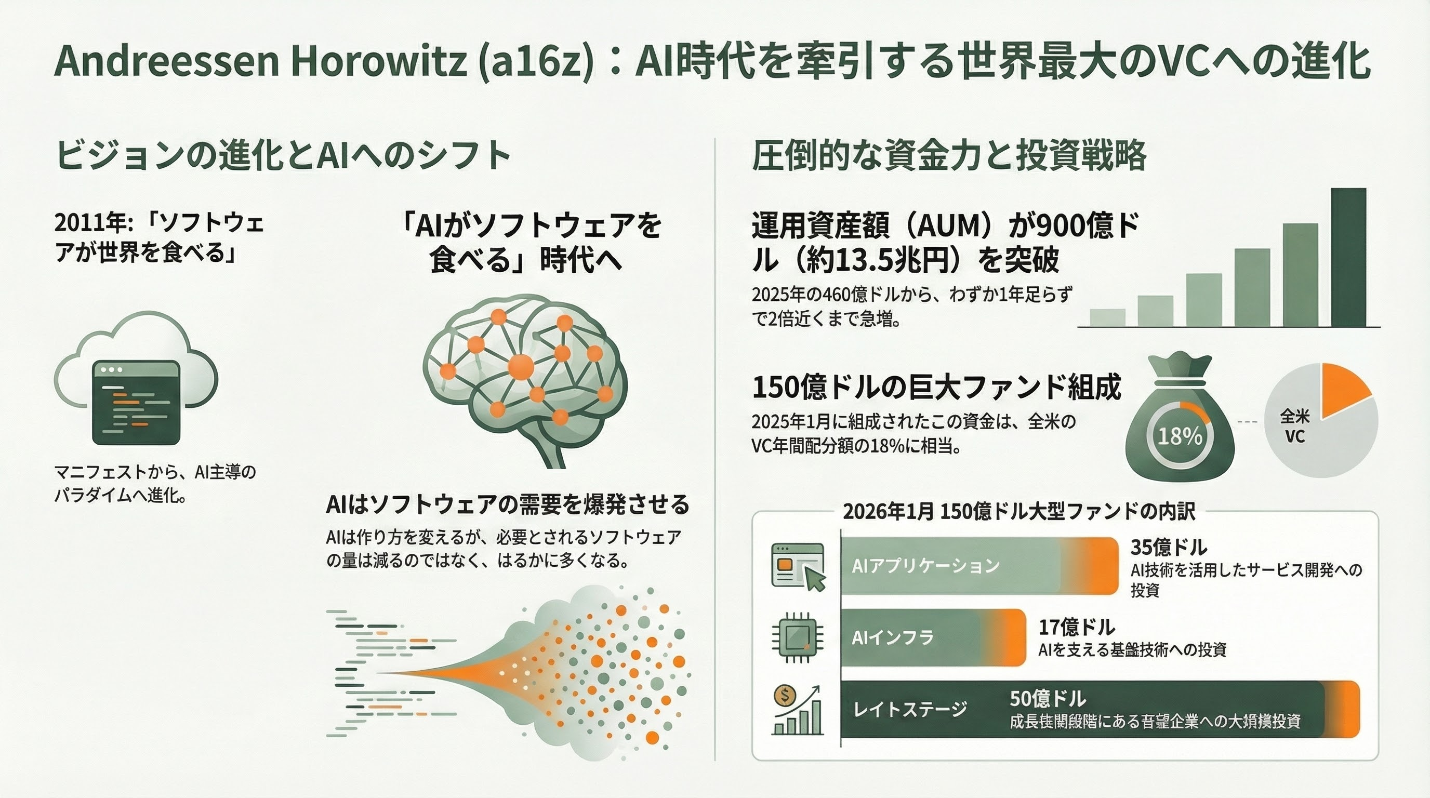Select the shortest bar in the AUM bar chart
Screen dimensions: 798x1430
1107,317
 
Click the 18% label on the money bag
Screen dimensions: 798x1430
1180,436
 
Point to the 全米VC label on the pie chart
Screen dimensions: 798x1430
1294,426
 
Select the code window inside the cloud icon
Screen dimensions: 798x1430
136,402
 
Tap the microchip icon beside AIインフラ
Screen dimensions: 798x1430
798,638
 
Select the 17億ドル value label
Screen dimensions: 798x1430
1076,627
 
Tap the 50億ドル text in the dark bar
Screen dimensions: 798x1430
1048,698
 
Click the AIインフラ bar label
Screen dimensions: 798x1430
893,637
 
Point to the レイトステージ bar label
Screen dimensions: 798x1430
910,709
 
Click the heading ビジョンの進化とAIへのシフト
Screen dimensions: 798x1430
283,156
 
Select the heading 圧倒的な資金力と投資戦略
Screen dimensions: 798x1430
949,156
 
